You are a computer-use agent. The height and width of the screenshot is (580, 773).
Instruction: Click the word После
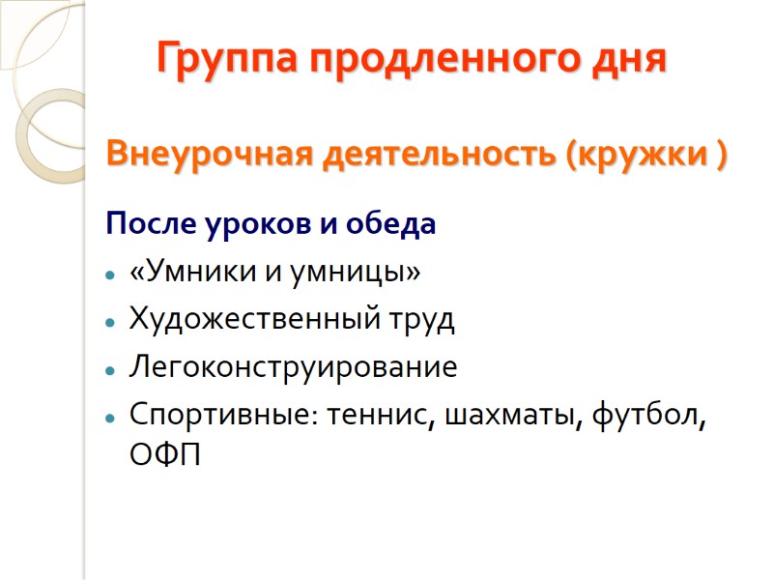click(x=149, y=226)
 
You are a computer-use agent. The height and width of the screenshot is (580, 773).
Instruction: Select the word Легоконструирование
click(x=293, y=367)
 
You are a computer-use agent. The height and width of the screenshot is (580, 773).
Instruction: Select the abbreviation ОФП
click(x=165, y=454)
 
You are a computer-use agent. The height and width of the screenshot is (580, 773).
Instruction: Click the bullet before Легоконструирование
click(x=112, y=368)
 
